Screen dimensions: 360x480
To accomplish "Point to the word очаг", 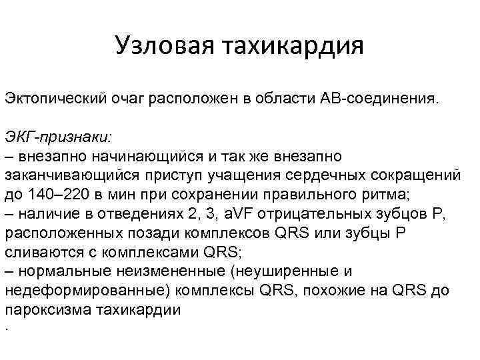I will [x=130, y=99].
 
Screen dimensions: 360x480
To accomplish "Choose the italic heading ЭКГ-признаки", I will [x=59, y=137].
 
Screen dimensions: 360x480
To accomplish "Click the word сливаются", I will [x=39, y=253].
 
